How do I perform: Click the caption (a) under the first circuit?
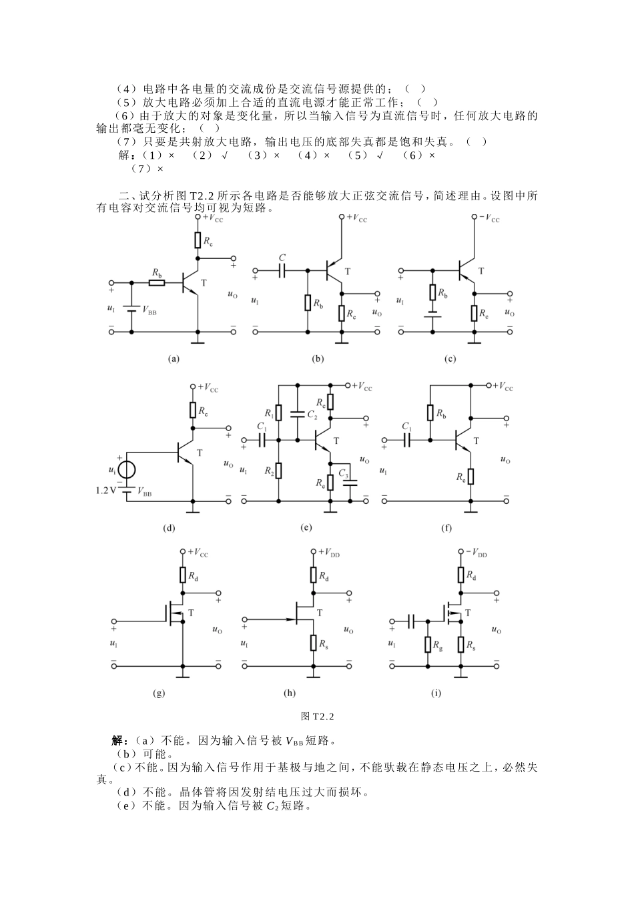[x=174, y=358]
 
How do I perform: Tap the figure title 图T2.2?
[x=317, y=716]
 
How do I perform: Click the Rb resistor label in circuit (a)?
[x=156, y=272]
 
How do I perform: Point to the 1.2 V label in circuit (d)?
[x=106, y=491]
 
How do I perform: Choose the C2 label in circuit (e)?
[x=312, y=414]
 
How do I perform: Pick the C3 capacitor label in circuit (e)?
[x=343, y=473]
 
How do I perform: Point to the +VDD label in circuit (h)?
[x=330, y=553]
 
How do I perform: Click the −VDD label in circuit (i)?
[x=477, y=553]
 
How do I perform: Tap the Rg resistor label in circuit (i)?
[x=437, y=646]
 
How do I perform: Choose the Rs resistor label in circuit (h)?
[x=323, y=645]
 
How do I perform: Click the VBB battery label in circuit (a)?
[x=149, y=311]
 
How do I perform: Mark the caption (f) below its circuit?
[x=446, y=528]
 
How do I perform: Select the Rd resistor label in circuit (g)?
[x=193, y=576]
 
